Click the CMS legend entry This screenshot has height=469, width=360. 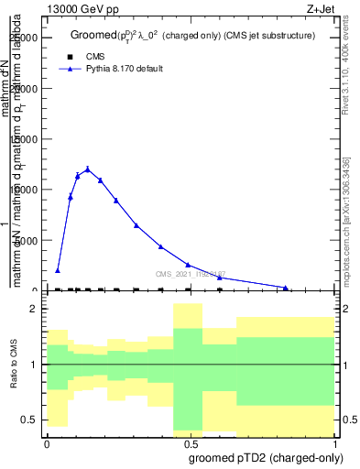pyautogui.click(x=95, y=56)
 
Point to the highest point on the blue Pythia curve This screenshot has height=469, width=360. pyautogui.click(x=88, y=169)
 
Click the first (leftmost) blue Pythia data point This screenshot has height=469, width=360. pyautogui.click(x=58, y=270)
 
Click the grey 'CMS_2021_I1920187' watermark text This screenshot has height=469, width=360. pyautogui.click(x=191, y=273)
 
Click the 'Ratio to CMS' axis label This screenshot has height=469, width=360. pyautogui.click(x=14, y=365)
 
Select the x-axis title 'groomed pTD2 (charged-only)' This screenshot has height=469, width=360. pyautogui.click(x=262, y=457)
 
